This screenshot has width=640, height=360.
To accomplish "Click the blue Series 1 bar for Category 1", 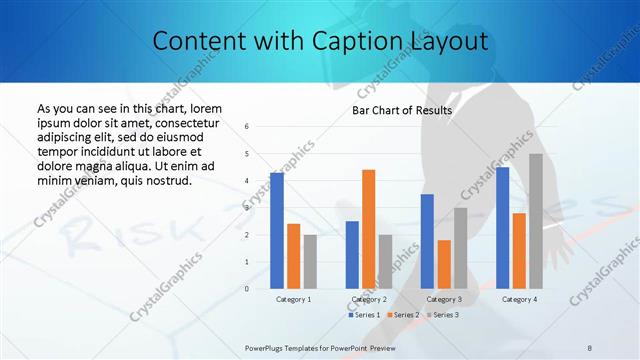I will [276, 231].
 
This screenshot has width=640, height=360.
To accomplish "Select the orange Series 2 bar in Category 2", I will [368, 229].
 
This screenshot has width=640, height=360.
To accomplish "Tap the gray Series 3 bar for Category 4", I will [536, 221].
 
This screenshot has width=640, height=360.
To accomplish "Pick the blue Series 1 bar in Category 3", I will [427, 241].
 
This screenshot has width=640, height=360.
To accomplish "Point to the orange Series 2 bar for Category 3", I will [444, 264].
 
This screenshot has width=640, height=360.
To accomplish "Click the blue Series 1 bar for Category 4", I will [502, 228].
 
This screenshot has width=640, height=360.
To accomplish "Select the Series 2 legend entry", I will [402, 315].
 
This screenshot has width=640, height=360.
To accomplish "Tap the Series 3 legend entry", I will [442, 315].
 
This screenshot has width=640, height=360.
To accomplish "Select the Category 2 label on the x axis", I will [369, 299].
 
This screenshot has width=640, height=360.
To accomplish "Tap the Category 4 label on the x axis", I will [519, 299].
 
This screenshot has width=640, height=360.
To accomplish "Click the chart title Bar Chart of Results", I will [402, 110].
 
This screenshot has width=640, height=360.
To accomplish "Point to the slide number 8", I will [590, 347].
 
